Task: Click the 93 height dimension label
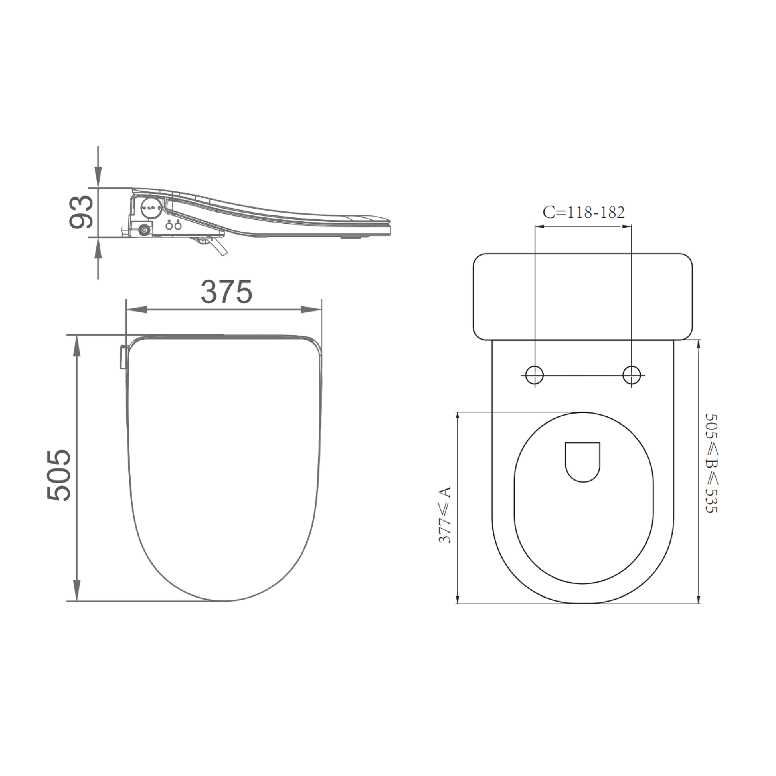point(81,212)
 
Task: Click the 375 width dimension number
point(226,292)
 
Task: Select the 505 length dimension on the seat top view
point(59,476)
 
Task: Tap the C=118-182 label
point(584,213)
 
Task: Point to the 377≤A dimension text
point(445,515)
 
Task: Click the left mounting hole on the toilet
point(535,375)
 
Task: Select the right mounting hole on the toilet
point(631,375)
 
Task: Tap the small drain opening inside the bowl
point(583,461)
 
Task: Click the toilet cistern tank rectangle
point(583,297)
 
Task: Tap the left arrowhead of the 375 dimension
point(136,310)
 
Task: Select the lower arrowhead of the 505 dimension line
point(77,590)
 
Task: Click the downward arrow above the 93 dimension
point(98,177)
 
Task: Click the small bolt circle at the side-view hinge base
point(144,230)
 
